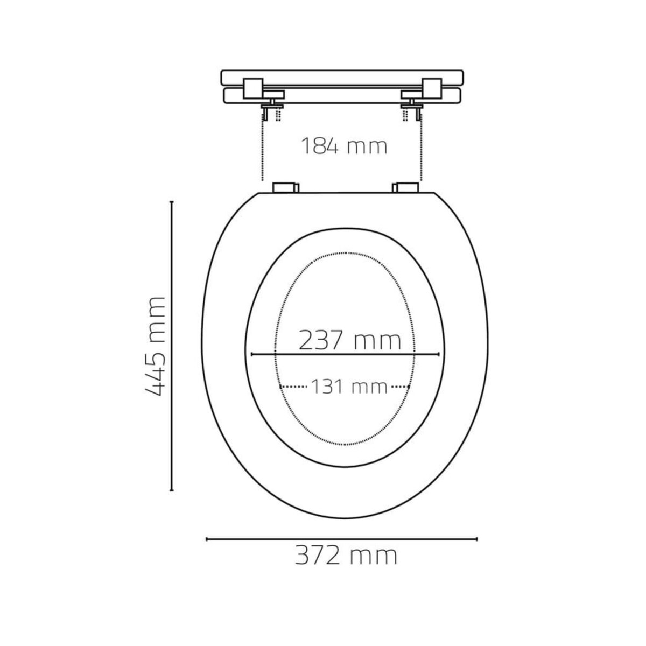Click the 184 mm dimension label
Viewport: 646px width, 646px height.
(x=343, y=146)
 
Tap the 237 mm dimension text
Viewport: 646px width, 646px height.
(x=350, y=340)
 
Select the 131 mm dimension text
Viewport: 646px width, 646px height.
(x=348, y=387)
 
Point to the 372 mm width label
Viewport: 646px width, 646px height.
(x=346, y=555)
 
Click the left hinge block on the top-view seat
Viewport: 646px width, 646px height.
(x=285, y=187)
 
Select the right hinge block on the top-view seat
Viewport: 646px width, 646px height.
(x=405, y=187)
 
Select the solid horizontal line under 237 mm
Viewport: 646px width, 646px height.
(x=345, y=354)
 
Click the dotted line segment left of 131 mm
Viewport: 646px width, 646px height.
(x=293, y=387)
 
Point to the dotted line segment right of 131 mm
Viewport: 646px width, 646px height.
(x=401, y=387)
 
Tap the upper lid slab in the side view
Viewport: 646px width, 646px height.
(x=342, y=76)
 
